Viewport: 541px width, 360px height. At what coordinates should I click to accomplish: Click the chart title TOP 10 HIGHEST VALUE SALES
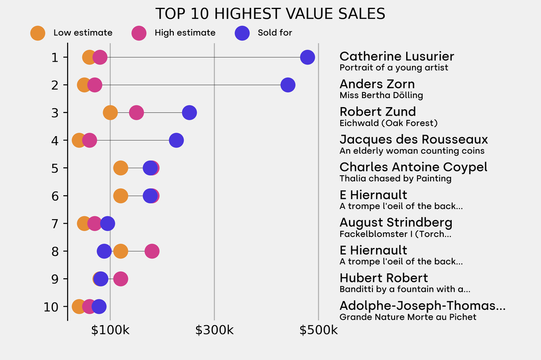tap(270, 14)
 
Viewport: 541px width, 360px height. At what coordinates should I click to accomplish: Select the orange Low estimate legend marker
tap(38, 33)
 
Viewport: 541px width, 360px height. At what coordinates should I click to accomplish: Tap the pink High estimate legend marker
tap(139, 33)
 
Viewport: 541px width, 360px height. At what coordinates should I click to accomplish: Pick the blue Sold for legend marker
tap(242, 33)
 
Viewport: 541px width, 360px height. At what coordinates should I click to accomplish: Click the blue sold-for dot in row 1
tap(307, 57)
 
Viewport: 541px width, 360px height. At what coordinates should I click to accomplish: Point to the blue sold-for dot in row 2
tap(287, 84)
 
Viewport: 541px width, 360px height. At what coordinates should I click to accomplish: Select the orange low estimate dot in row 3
tap(110, 112)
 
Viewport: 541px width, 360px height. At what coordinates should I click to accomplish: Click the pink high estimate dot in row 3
tap(136, 112)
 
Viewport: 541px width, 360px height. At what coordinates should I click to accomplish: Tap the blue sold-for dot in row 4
tap(176, 140)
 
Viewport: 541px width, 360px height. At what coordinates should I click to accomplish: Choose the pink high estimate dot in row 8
tap(152, 251)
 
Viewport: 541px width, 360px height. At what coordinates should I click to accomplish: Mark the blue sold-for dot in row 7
tap(107, 223)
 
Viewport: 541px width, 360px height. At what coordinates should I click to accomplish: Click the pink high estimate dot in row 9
tap(120, 279)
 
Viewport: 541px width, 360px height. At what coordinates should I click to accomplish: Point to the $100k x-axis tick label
tap(110, 330)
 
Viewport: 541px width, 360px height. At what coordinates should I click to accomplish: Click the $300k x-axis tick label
tap(214, 330)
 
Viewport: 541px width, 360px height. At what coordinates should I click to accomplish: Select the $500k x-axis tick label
tap(318, 330)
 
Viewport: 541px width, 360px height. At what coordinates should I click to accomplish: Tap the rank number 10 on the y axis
tap(51, 307)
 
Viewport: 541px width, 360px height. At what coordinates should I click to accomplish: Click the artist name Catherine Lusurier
tap(396, 56)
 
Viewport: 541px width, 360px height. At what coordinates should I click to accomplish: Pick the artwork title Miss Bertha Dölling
tap(381, 96)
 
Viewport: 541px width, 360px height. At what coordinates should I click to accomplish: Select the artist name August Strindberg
tap(396, 222)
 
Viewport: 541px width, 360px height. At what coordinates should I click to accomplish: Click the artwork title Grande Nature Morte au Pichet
tap(407, 317)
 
